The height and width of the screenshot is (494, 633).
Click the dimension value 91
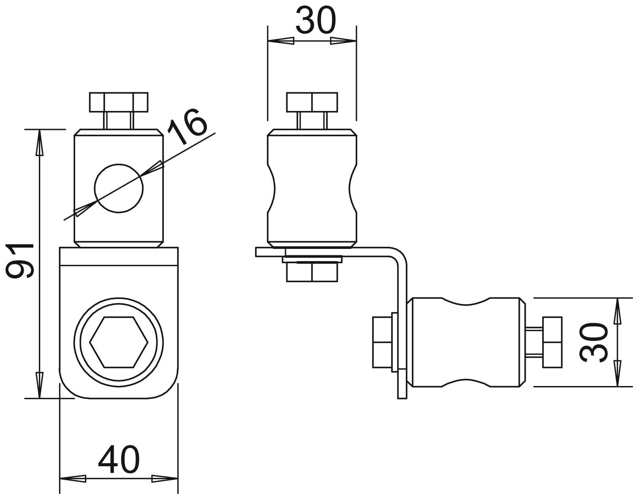tap(20, 261)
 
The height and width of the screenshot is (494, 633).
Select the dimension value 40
tap(119, 459)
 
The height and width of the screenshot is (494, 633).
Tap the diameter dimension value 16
tap(187, 127)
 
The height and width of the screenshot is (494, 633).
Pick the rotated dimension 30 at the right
tap(594, 343)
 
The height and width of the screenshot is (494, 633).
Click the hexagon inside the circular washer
tap(119, 342)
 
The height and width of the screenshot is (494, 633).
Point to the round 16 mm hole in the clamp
tap(119, 188)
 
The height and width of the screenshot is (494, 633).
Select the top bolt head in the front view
tap(119, 102)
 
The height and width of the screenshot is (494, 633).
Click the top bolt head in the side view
tap(312, 102)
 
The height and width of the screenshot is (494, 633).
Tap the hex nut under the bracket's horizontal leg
tap(312, 272)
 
